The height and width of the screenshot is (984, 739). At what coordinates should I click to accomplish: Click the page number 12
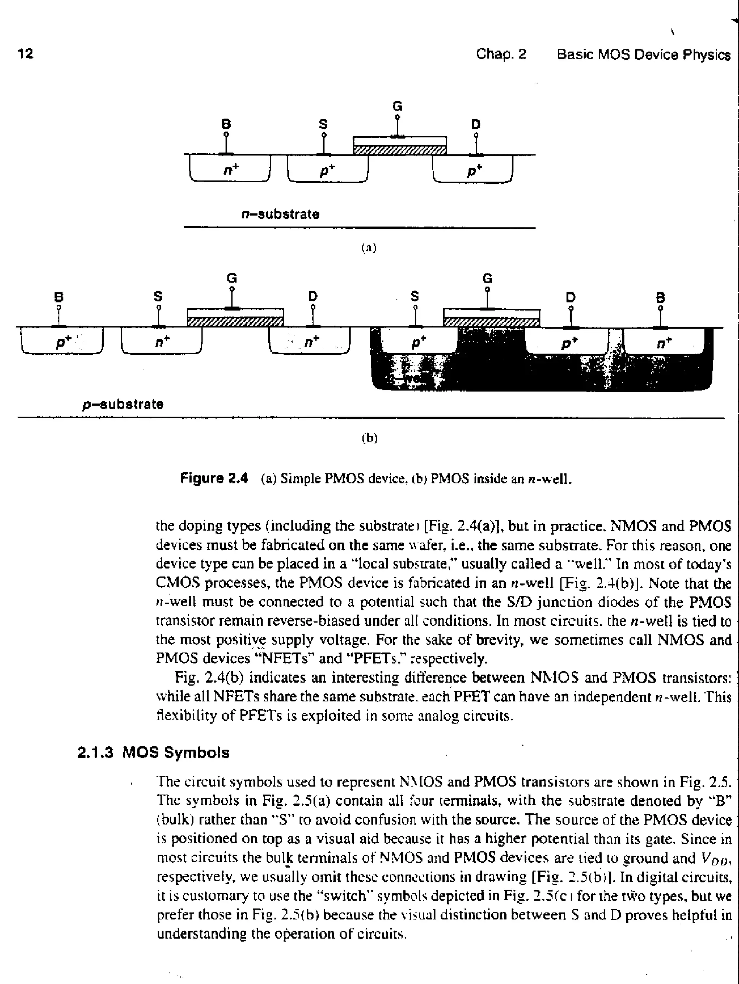[25, 54]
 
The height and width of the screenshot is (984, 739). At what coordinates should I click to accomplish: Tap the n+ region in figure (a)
[231, 169]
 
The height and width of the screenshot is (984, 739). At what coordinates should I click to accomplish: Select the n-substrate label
[280, 215]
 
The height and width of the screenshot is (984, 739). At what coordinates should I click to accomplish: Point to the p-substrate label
[123, 404]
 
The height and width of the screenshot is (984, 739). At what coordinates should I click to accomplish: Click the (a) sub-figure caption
[369, 248]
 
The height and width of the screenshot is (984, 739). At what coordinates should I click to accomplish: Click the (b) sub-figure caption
[369, 438]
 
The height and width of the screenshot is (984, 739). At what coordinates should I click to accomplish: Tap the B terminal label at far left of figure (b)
[58, 297]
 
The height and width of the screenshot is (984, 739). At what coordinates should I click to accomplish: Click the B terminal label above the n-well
[660, 297]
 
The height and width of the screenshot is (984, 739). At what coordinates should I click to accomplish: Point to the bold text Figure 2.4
[214, 478]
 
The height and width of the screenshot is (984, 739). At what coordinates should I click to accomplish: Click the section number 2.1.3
[95, 753]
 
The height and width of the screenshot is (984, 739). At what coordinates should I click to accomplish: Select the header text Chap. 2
[501, 54]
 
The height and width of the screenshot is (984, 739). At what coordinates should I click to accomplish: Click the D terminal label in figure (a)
[476, 124]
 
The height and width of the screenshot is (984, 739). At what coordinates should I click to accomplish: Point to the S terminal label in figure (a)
[323, 124]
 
